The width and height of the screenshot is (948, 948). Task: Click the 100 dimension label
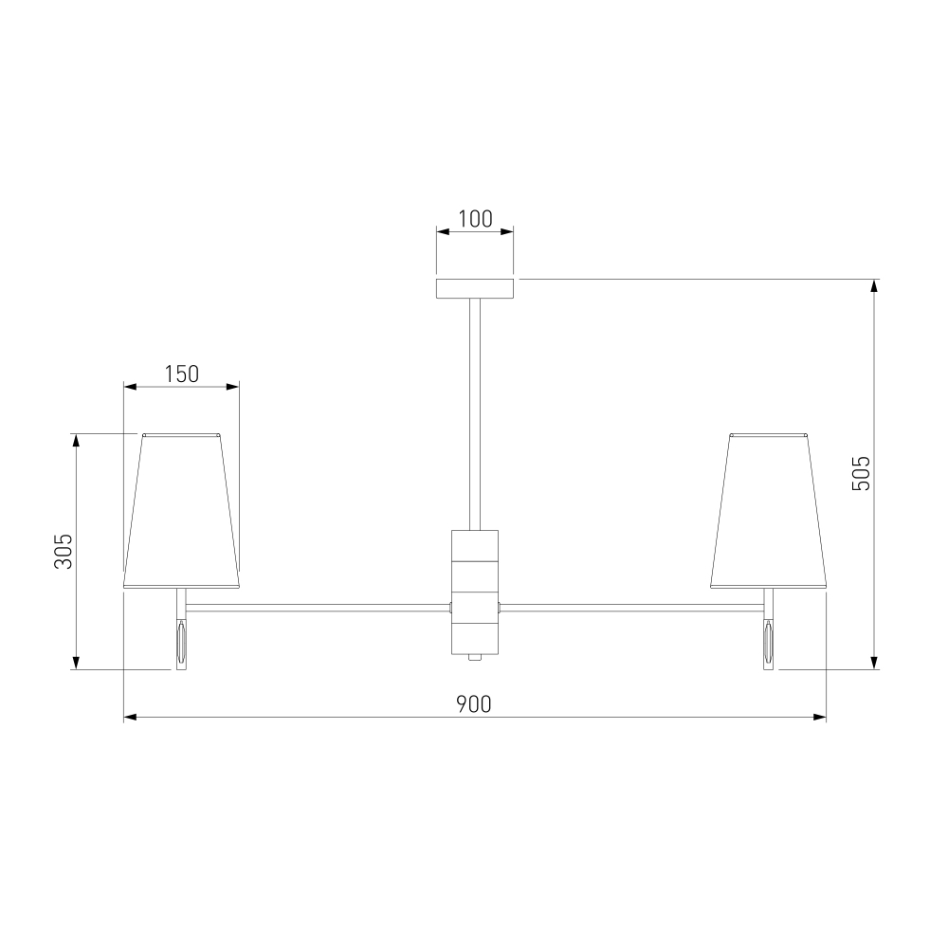pyautogui.click(x=475, y=219)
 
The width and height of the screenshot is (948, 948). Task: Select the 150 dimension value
pyautogui.click(x=181, y=374)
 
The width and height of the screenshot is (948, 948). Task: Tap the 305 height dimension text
pyautogui.click(x=64, y=551)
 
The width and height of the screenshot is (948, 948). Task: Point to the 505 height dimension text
pyautogui.click(x=861, y=473)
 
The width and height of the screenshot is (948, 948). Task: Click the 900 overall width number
pyautogui.click(x=473, y=704)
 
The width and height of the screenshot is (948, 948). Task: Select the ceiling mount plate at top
pyautogui.click(x=475, y=288)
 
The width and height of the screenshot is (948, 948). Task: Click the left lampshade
pyautogui.click(x=181, y=511)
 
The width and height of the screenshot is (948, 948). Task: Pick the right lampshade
pyautogui.click(x=769, y=511)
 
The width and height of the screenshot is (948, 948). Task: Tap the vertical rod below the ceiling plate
pyautogui.click(x=475, y=414)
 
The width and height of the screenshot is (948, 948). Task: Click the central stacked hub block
pyautogui.click(x=475, y=592)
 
